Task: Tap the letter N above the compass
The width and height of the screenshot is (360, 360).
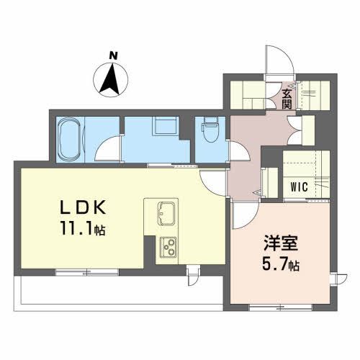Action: pyautogui.click(x=112, y=55)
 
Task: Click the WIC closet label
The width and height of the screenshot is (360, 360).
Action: pyautogui.click(x=300, y=186)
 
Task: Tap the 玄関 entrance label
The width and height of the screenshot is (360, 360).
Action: pyautogui.click(x=287, y=97)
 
